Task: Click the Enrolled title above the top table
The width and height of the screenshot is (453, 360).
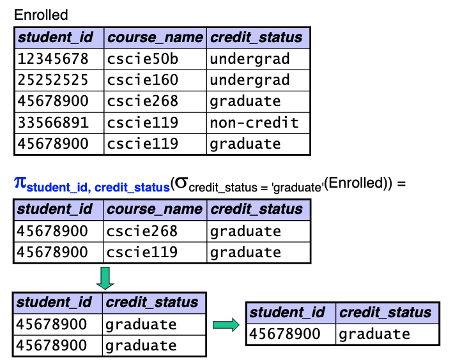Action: pyautogui.click(x=41, y=15)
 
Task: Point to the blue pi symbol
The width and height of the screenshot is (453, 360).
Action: pyautogui.click(x=20, y=183)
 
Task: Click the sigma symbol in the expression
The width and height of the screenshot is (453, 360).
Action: pyautogui.click(x=181, y=183)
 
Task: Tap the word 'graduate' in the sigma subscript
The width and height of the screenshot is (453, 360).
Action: pyautogui.click(x=297, y=188)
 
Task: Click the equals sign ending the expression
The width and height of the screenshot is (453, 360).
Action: pyautogui.click(x=401, y=184)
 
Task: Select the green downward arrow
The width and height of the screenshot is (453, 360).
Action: pyautogui.click(x=105, y=278)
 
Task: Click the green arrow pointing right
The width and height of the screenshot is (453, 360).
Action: pyautogui.click(x=226, y=325)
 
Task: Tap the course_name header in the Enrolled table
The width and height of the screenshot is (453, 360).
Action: pyautogui.click(x=155, y=38)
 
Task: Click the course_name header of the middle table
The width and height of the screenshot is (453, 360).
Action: pyautogui.click(x=155, y=209)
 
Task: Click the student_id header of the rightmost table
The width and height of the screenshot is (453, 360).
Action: pyautogui.click(x=288, y=313)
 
